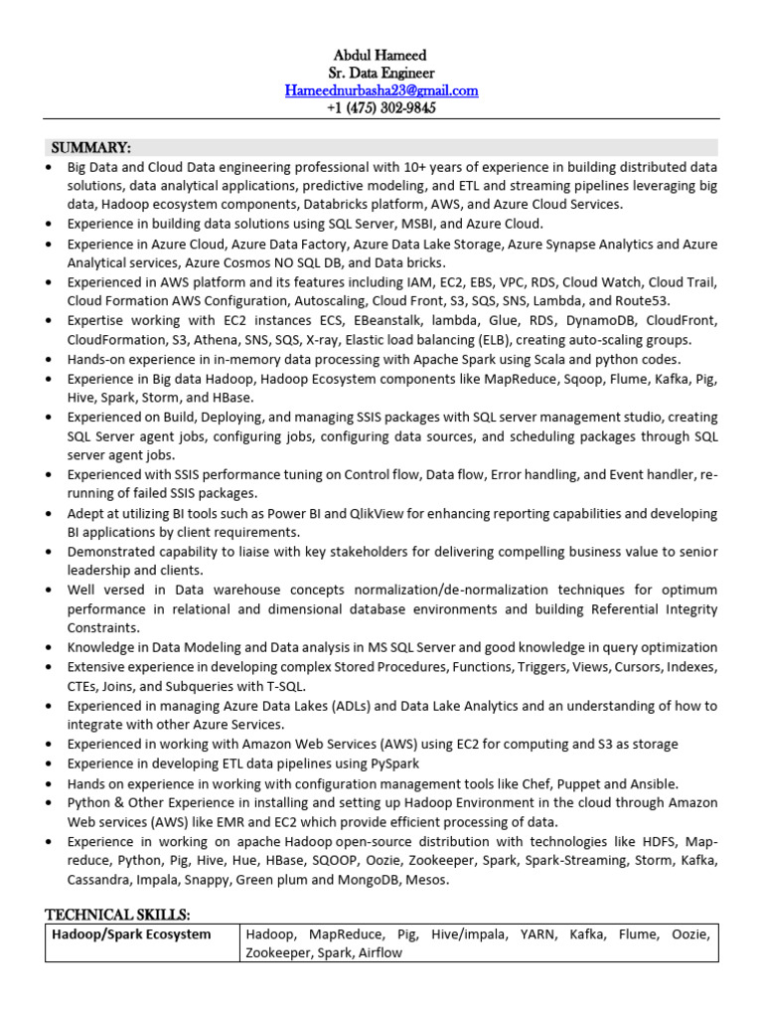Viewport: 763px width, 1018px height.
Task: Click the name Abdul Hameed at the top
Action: pos(381,56)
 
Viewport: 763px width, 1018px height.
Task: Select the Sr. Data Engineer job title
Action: pos(381,73)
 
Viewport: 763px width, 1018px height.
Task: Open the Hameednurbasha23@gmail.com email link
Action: pos(381,90)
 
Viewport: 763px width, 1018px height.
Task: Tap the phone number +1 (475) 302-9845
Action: pos(381,108)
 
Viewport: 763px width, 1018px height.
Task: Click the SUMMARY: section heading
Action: pos(88,147)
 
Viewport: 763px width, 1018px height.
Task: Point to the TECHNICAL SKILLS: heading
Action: pos(117,914)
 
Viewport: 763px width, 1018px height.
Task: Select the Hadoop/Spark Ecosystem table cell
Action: pos(132,934)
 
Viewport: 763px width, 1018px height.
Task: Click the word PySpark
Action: pos(394,763)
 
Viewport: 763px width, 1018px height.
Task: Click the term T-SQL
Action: pos(283,686)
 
